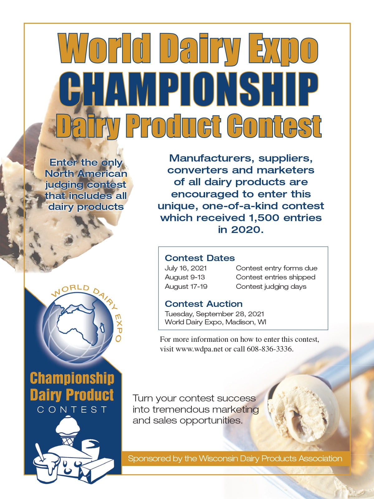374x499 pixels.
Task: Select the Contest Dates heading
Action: [200, 258]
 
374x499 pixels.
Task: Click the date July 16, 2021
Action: [186, 268]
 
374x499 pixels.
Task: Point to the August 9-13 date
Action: [185, 277]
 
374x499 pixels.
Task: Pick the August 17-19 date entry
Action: [186, 286]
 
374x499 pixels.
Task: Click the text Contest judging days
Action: [271, 286]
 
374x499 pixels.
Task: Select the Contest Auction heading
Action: [204, 304]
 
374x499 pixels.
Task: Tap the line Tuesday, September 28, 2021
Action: [214, 314]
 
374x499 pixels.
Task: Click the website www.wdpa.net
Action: [199, 349]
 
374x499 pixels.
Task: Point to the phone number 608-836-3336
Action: [270, 349]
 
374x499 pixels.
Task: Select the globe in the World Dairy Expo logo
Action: [78, 327]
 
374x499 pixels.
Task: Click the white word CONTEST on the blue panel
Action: [72, 410]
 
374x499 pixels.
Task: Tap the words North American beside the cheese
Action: [86, 174]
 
